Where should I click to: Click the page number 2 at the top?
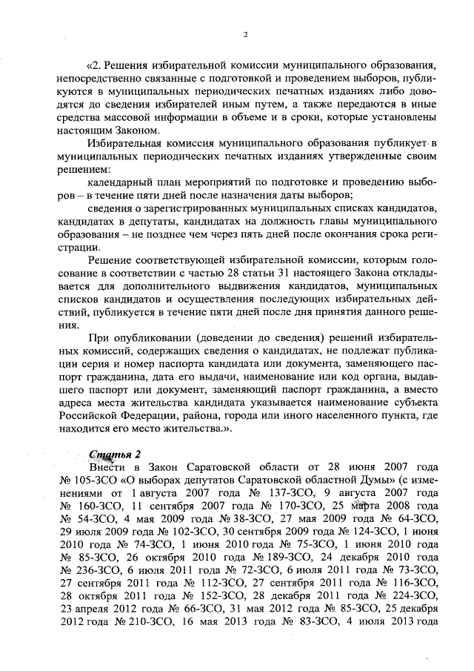point(245,34)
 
